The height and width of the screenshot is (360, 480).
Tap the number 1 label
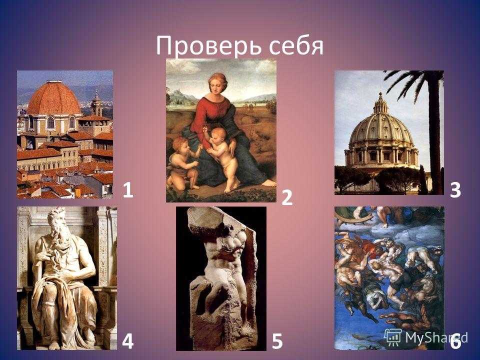point(127,190)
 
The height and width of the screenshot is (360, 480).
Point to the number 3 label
point(455,190)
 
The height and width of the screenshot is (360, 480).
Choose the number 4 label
point(127,341)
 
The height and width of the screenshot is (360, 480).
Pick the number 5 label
point(277,341)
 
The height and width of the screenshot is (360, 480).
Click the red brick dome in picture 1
point(54,98)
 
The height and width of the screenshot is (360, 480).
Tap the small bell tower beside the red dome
point(96,104)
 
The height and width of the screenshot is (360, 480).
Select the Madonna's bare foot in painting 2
point(269,183)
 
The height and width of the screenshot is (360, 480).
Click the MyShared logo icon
point(393,337)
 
